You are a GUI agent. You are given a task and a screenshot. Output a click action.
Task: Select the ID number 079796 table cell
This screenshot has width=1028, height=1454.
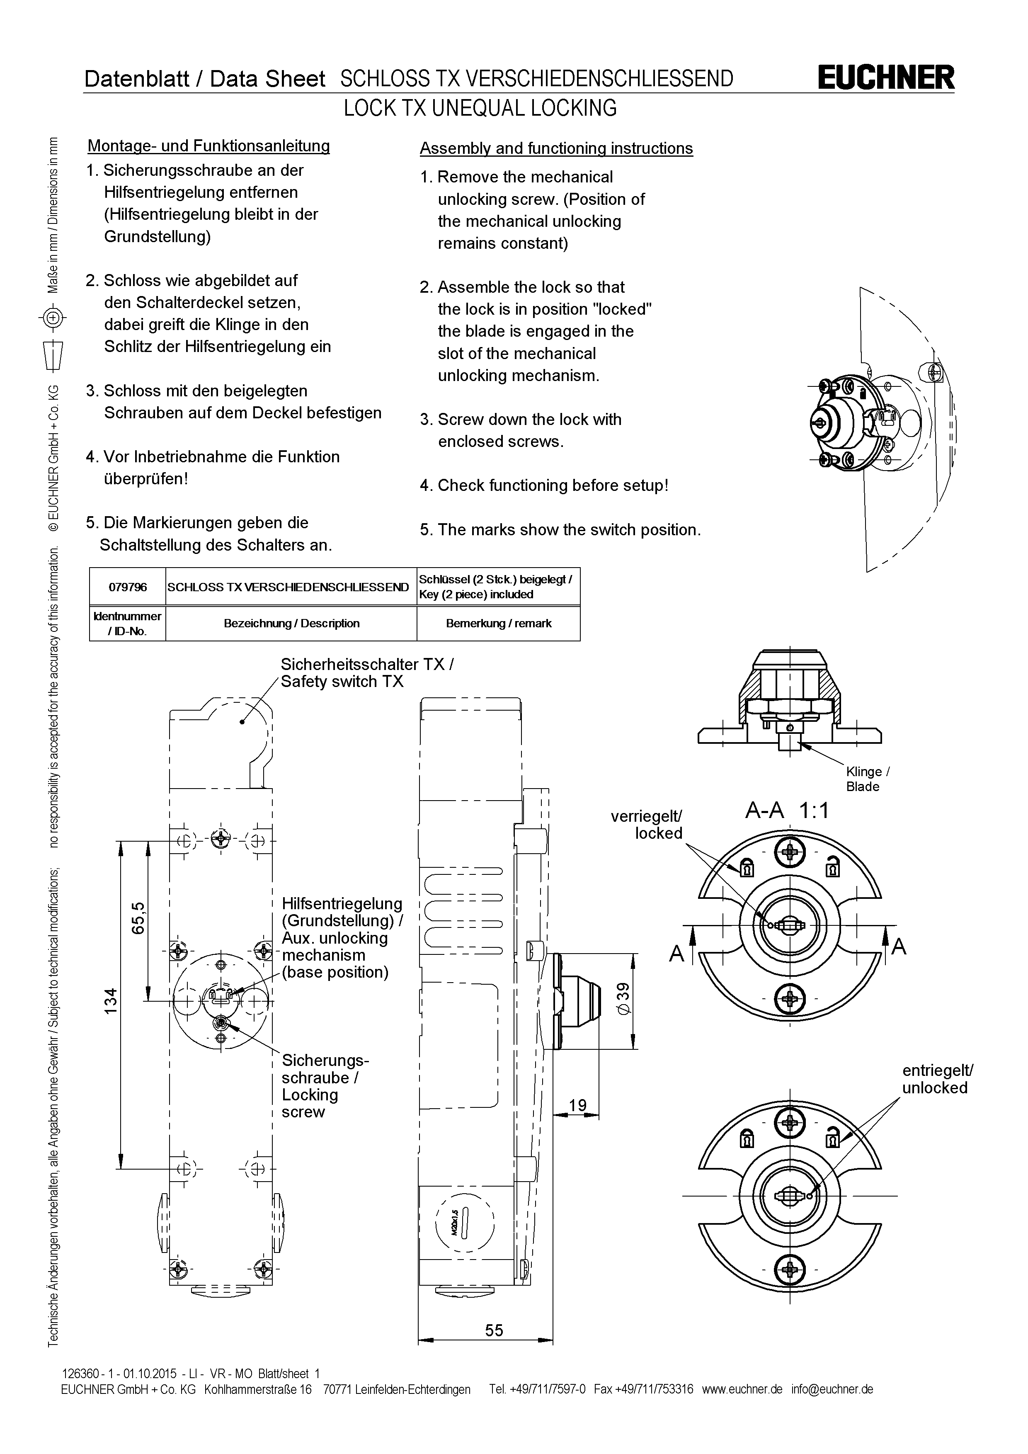127,587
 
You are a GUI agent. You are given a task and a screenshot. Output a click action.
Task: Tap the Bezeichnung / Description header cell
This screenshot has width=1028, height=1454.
291,623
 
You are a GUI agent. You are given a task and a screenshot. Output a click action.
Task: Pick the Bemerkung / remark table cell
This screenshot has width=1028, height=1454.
498,623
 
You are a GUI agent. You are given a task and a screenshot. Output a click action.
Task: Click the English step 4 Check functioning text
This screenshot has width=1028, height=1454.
544,486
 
